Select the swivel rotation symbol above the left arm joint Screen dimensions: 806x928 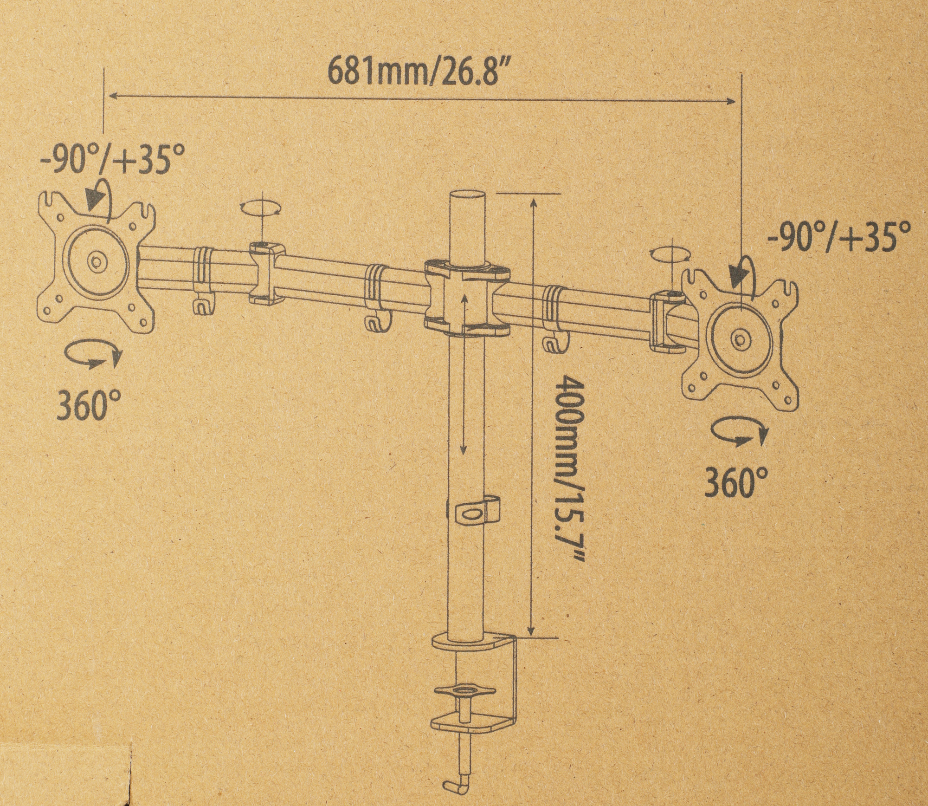click(x=261, y=208)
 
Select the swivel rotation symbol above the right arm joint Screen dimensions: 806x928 click(x=670, y=255)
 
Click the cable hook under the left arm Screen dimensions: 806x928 click(x=202, y=305)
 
